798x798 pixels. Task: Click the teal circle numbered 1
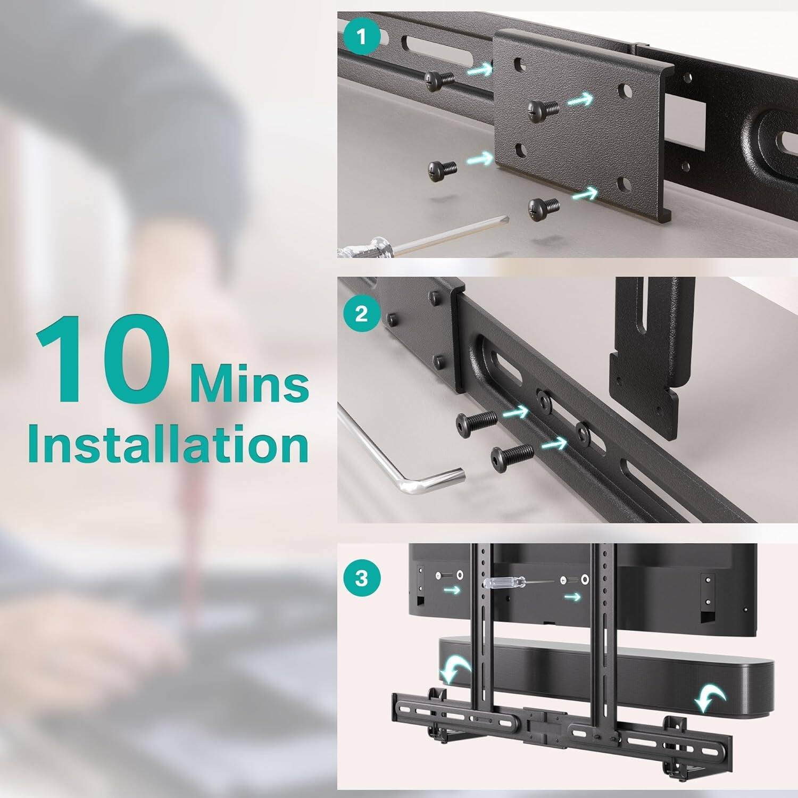[x=362, y=38]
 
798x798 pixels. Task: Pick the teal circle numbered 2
[x=362, y=313]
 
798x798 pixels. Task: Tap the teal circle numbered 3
[x=362, y=578]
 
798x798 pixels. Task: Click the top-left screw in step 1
[x=439, y=81]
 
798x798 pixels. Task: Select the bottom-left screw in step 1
[x=442, y=171]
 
